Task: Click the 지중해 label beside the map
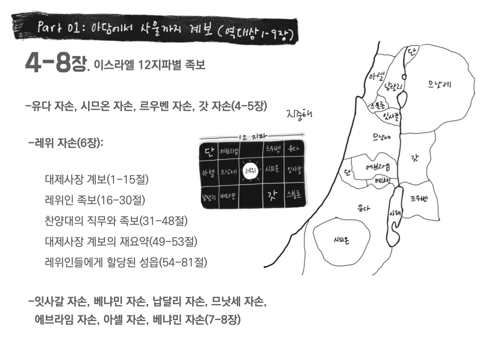(x=299, y=114)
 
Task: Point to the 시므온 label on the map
(x=341, y=240)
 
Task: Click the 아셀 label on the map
(x=376, y=76)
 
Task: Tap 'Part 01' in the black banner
(x=56, y=28)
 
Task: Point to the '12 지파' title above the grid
(x=252, y=137)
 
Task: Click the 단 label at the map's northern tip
(x=412, y=52)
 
